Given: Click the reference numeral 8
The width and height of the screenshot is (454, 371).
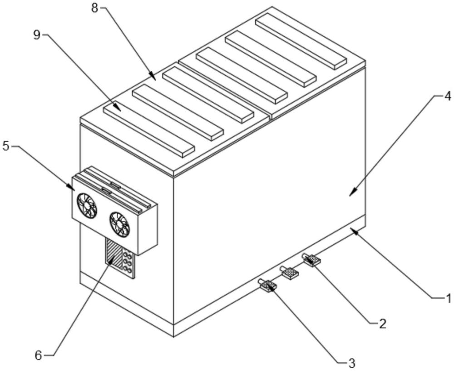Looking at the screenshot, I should tap(94, 8).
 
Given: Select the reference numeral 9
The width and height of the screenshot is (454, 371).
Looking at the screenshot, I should tap(37, 35).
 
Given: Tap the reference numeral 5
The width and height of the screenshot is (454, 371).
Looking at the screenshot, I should tap(6, 147).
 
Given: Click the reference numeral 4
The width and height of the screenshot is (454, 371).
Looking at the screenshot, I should tap(447, 96).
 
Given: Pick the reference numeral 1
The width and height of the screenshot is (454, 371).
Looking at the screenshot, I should tap(448, 298).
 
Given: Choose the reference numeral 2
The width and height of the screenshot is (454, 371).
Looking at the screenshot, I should tap(382, 323).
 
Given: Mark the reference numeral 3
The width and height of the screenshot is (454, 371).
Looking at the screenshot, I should tap(351, 363).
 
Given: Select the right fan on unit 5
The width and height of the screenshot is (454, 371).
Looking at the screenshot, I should tap(120, 224).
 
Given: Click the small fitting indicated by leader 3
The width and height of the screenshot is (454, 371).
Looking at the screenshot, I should tap(268, 286).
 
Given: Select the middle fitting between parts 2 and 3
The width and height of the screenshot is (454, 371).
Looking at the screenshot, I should tap(289, 272).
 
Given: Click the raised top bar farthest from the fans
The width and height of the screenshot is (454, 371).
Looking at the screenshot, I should tap(301, 40).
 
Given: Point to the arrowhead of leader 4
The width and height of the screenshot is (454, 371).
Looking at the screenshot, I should tap(351, 195).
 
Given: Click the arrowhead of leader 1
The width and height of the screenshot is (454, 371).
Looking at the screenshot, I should tap(353, 231).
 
